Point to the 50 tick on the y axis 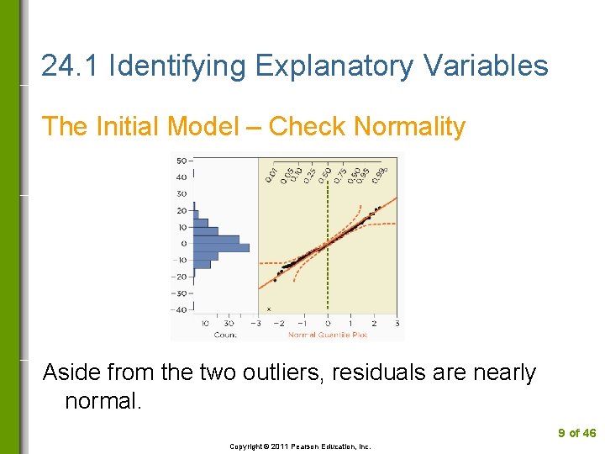pos(181,161)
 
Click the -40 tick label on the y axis pos(179,309)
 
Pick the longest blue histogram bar pos(222,247)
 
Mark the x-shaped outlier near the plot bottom pos(268,309)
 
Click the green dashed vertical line pos(327,252)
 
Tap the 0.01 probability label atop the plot pos(271,174)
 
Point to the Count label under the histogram pos(224,335)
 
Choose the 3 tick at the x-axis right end pos(397,324)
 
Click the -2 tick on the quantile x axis pos(279,324)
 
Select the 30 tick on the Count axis pos(229,324)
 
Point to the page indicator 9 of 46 pos(577,433)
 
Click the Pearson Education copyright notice pos(300,446)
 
